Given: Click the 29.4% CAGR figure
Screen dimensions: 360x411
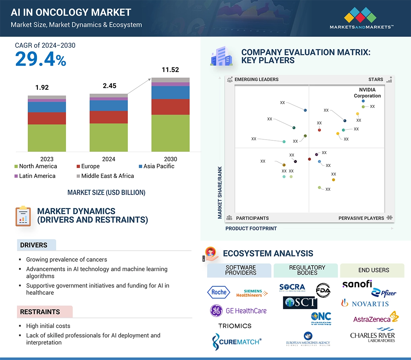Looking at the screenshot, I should [40, 59].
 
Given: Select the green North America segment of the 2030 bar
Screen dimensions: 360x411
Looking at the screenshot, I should [170, 133].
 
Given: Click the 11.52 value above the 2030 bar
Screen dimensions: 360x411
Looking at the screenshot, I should [170, 70].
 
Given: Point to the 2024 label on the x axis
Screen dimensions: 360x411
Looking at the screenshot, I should [109, 159].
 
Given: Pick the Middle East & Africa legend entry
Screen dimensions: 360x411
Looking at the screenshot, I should [107, 176].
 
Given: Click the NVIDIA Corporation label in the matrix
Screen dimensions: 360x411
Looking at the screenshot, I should [367, 93].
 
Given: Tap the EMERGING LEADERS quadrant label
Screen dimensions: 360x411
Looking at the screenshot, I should [256, 79].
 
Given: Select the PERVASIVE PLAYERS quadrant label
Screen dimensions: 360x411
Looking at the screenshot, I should [361, 218].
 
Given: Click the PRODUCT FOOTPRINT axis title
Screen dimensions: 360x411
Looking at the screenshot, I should [251, 228].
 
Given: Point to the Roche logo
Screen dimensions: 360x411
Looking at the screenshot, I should [218, 292].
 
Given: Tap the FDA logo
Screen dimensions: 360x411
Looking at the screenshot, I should [323, 290].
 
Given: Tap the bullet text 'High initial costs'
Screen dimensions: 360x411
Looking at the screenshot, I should [48, 326].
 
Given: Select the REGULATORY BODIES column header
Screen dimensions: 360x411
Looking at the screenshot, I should [307, 270].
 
